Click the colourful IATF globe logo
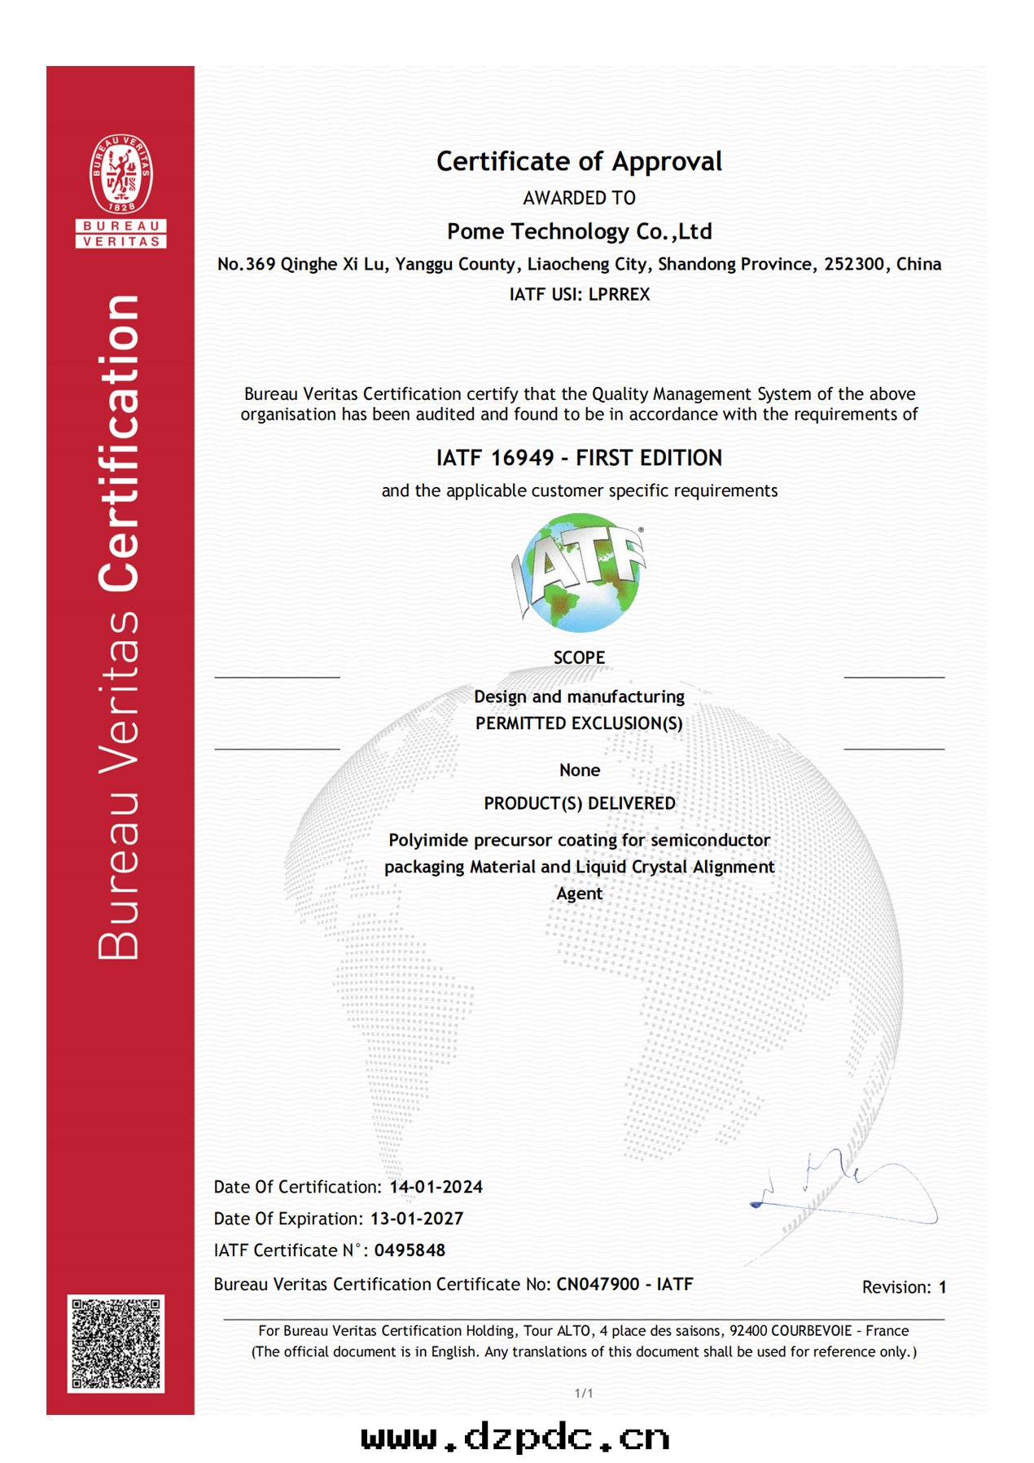click(x=579, y=573)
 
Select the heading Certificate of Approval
click(x=579, y=161)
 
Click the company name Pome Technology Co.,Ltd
click(x=579, y=231)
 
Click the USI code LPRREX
click(x=619, y=294)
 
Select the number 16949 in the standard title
click(x=523, y=458)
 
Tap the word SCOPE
click(x=579, y=657)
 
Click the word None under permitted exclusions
click(x=579, y=770)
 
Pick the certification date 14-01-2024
click(x=436, y=1187)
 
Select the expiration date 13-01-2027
click(x=417, y=1219)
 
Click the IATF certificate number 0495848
click(x=410, y=1250)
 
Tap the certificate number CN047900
click(x=598, y=1285)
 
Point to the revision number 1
click(x=942, y=1287)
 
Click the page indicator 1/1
click(x=584, y=1393)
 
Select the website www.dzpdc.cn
click(x=515, y=1439)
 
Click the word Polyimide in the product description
click(x=428, y=840)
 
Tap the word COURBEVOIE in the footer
click(x=810, y=1330)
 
